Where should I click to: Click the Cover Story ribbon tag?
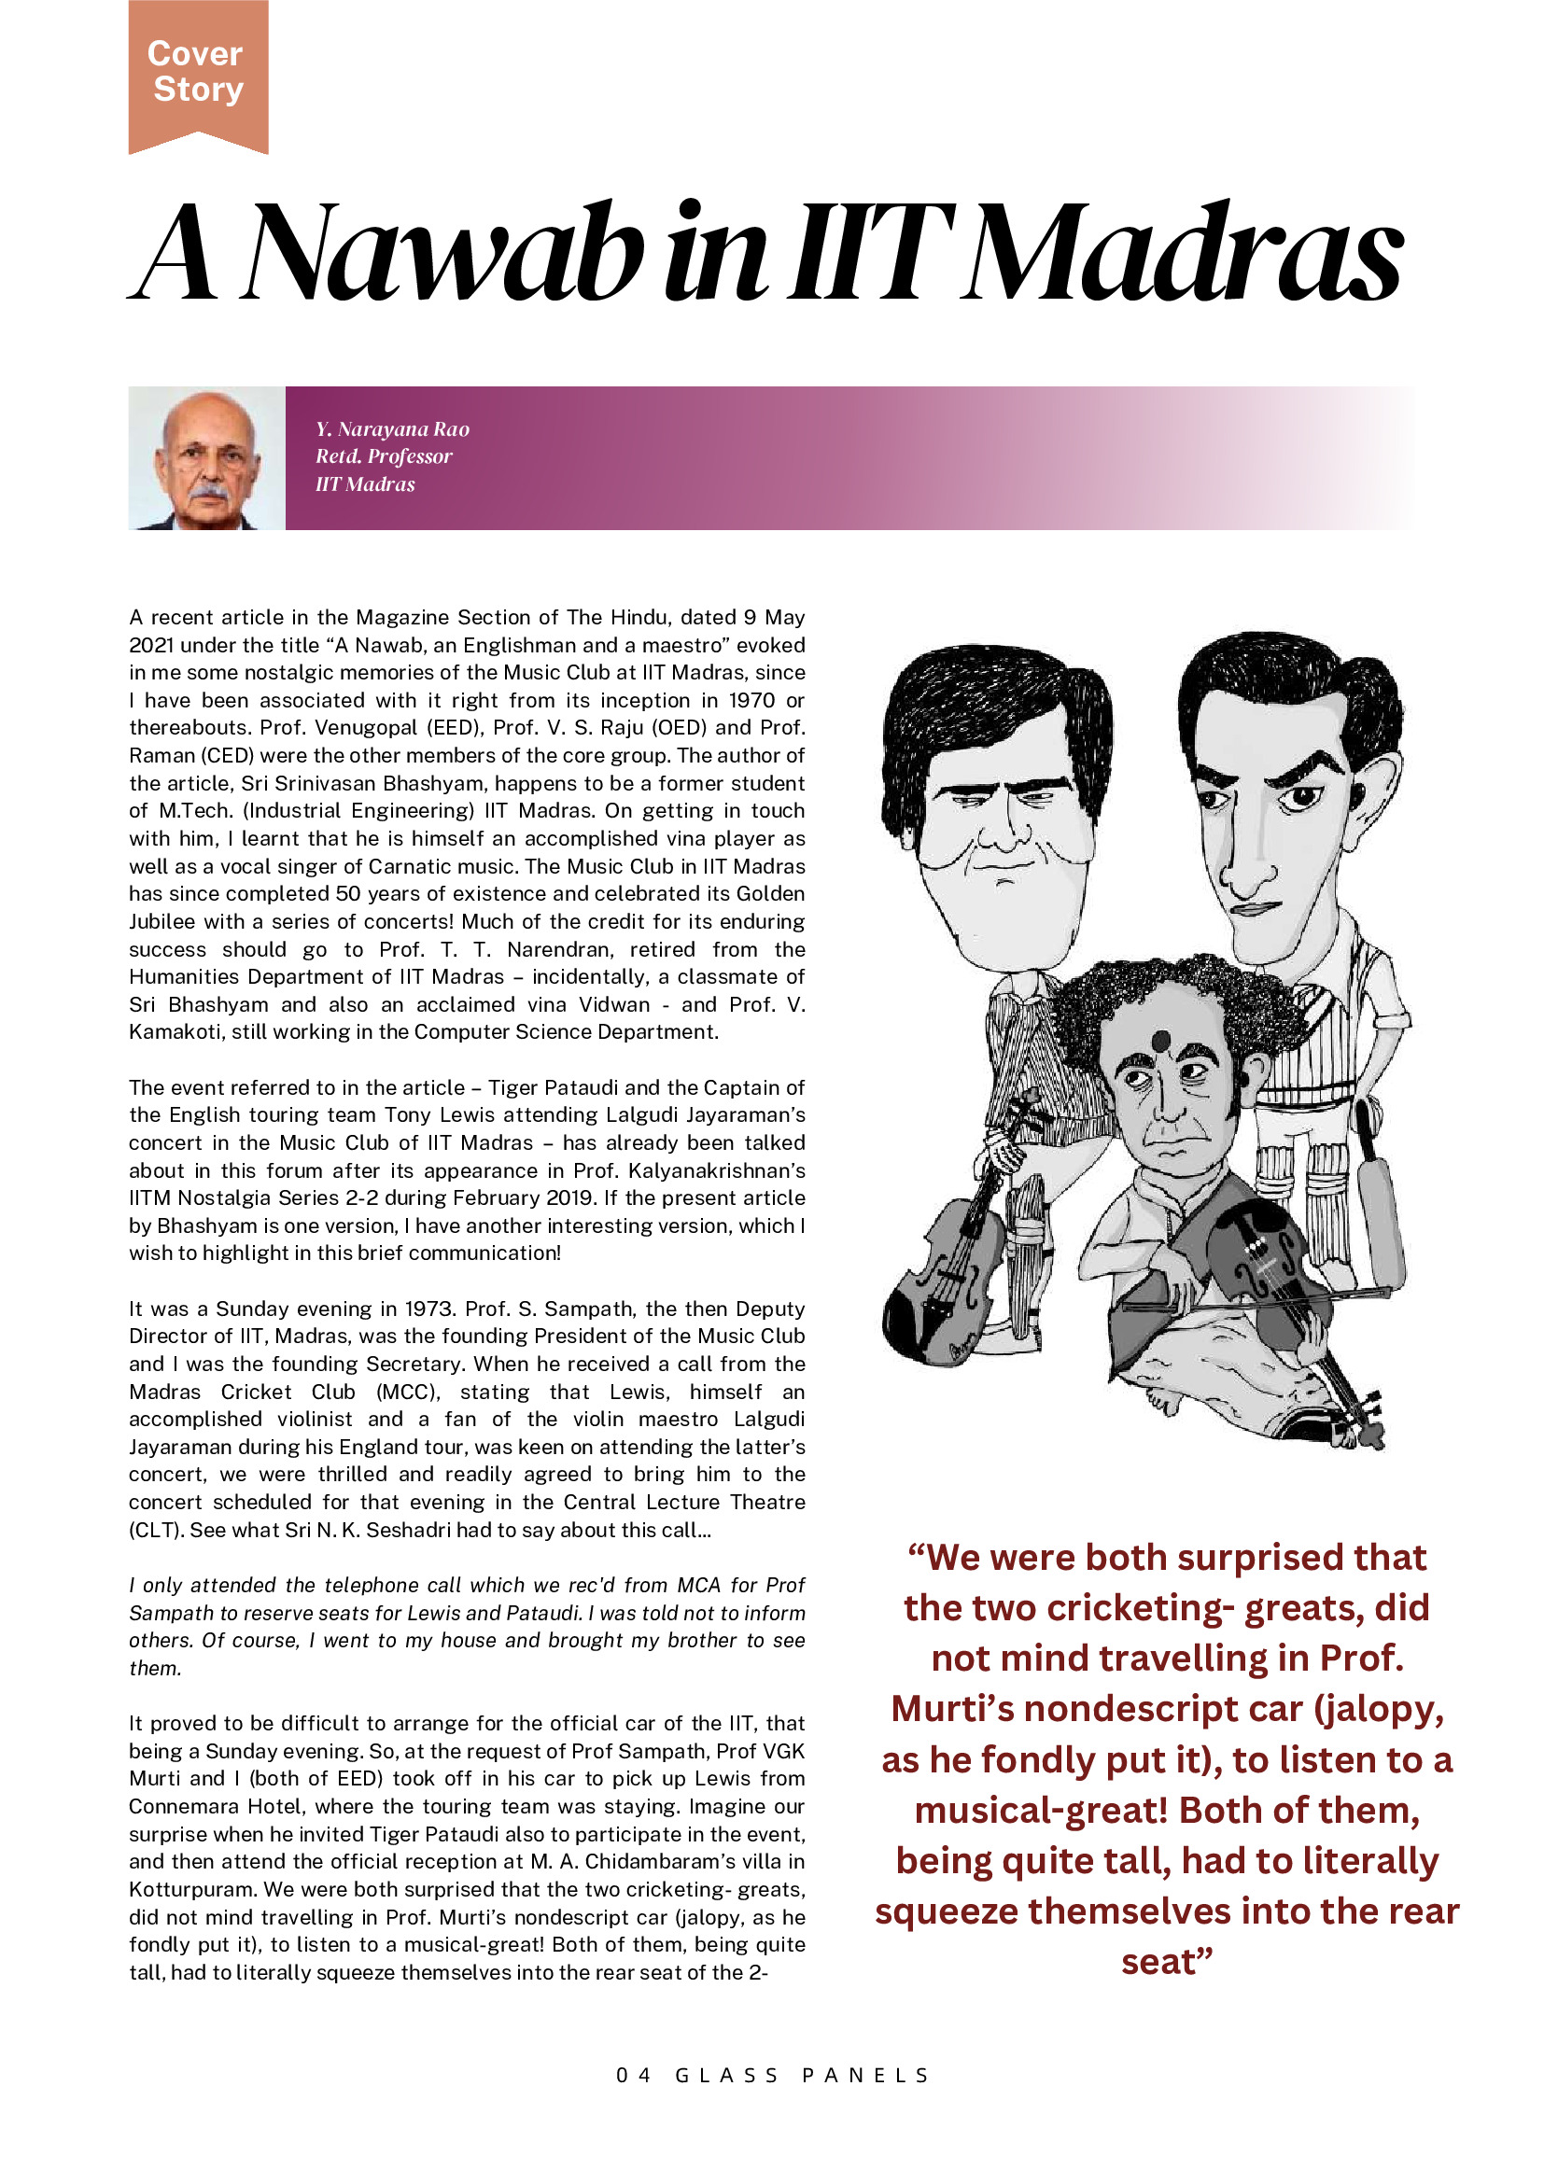point(198,72)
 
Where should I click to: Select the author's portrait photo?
point(206,458)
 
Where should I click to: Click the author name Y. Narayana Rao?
point(392,429)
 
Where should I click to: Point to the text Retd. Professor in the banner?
point(384,456)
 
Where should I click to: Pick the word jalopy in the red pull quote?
point(1374,1709)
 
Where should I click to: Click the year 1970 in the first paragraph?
point(751,700)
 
